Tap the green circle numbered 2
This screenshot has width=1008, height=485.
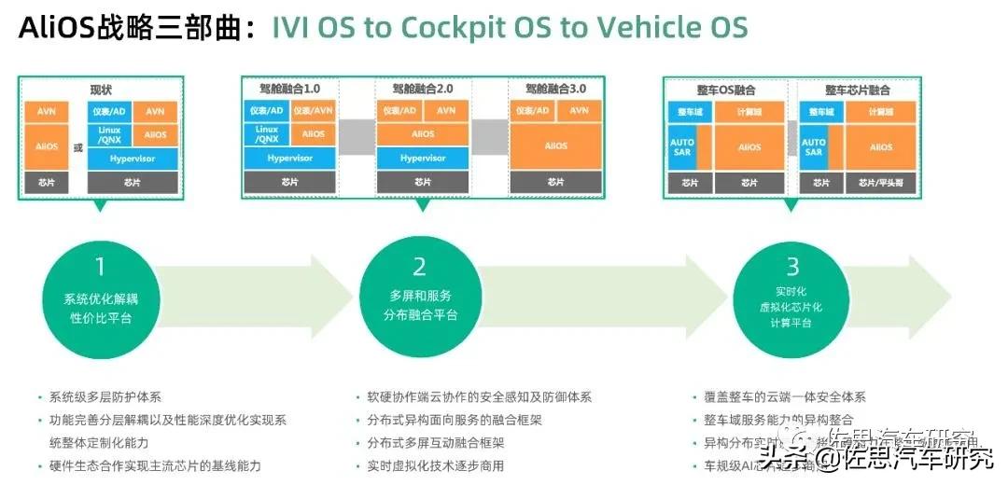[419, 287]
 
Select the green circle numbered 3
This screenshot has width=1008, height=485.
[792, 287]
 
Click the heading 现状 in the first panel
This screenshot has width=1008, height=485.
[100, 90]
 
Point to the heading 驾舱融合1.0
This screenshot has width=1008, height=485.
[289, 90]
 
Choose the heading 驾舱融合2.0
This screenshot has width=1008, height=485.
[423, 90]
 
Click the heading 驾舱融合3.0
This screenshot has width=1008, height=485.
[556, 90]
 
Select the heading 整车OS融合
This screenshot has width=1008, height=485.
[726, 90]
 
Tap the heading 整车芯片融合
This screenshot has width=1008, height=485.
[858, 90]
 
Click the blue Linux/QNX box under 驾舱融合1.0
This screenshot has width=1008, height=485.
[266, 134]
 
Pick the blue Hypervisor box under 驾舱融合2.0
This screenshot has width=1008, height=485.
[423, 158]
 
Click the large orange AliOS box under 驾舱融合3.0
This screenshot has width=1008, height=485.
[556, 146]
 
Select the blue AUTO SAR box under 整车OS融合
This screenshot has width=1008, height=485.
[682, 146]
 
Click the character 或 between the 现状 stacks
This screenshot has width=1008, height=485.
[78, 146]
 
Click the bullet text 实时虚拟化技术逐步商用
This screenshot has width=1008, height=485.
[436, 465]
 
